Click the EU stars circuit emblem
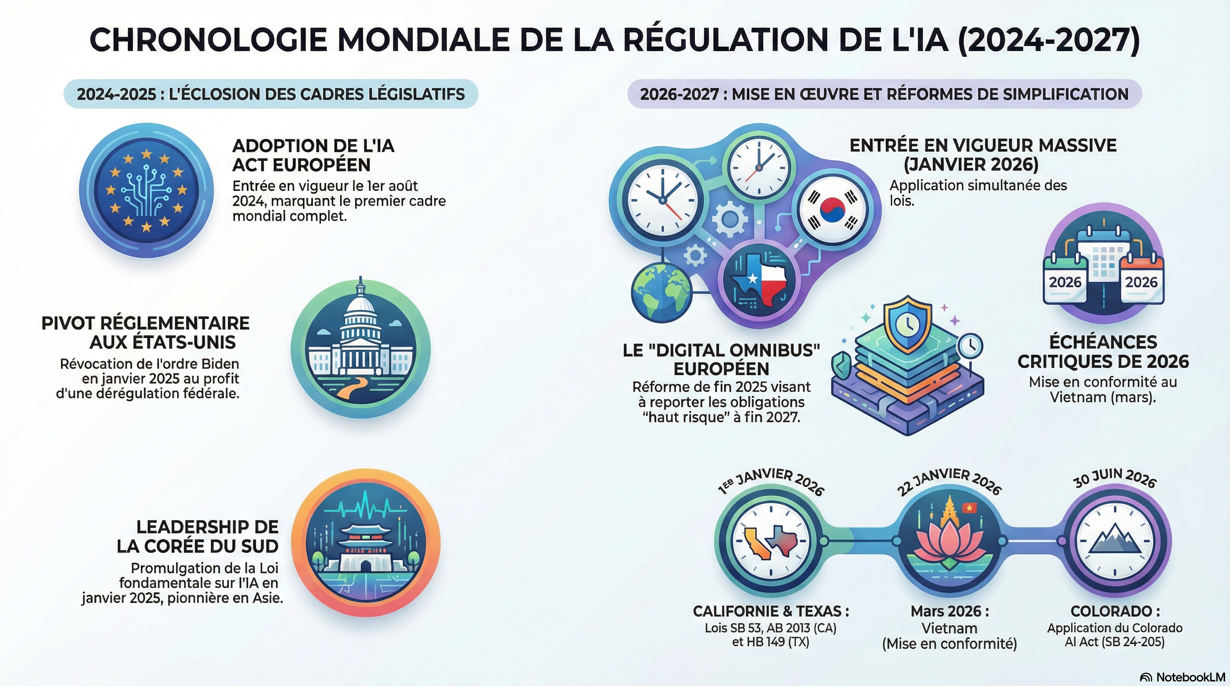pos(146,190)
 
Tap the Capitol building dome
pos(361,306)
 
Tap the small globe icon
pos(661,292)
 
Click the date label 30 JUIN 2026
pos(1115,478)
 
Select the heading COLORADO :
pos(1115,611)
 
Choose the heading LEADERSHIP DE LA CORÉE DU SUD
pos(198,536)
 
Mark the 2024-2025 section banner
pos(271,93)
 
